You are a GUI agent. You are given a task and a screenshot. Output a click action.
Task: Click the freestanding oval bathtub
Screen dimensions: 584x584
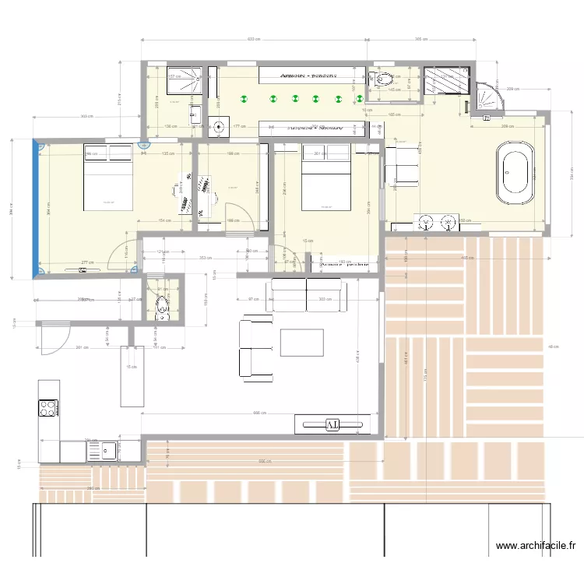pyautogui.click(x=516, y=172)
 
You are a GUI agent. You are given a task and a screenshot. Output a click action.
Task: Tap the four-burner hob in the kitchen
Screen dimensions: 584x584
pyautogui.click(x=48, y=408)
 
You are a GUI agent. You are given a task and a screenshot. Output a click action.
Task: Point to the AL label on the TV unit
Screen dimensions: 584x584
pyautogui.click(x=332, y=424)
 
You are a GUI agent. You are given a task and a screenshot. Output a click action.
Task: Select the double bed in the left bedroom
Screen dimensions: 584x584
pyautogui.click(x=107, y=177)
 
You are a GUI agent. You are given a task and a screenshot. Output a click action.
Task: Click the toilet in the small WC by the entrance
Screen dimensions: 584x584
pyautogui.click(x=162, y=304)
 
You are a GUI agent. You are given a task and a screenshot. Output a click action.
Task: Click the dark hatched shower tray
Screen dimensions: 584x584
pyautogui.click(x=447, y=79)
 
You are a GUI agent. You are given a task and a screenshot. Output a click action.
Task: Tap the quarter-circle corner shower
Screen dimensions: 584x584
pyautogui.click(x=487, y=97)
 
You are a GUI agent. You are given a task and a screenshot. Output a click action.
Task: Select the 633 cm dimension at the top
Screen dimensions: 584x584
pyautogui.click(x=253, y=38)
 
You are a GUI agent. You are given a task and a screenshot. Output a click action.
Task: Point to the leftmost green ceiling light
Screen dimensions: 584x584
pyautogui.click(x=244, y=99)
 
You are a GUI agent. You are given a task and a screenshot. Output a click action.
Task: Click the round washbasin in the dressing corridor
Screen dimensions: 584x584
pyautogui.click(x=220, y=125)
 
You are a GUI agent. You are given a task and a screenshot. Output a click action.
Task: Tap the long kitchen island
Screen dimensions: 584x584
pyautogui.click(x=132, y=377)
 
